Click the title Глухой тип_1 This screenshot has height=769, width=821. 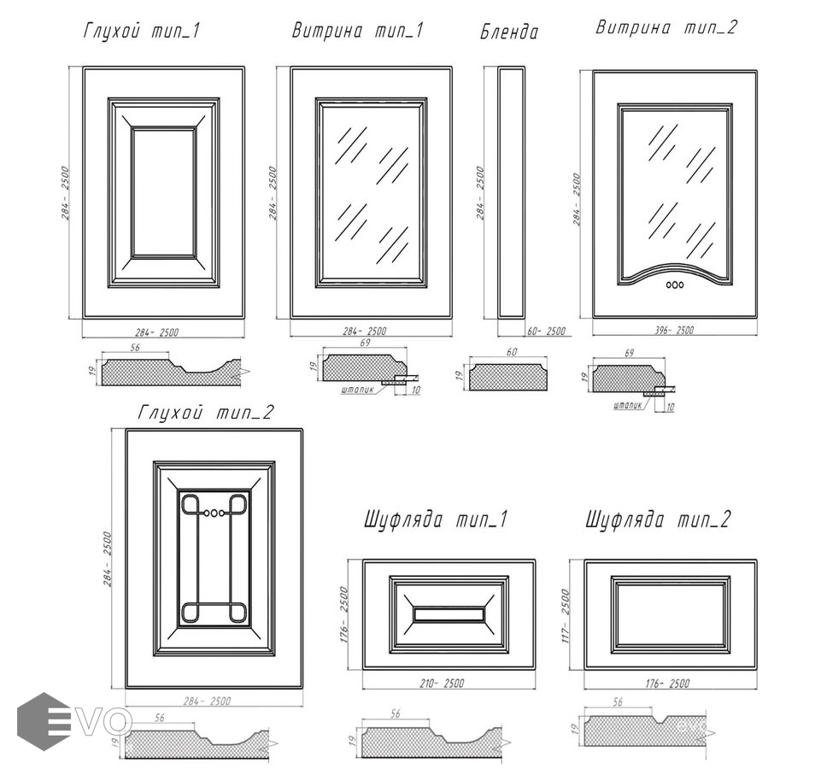pyautogui.click(x=143, y=32)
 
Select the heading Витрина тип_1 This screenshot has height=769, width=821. pyautogui.click(x=357, y=32)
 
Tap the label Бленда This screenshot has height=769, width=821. pyautogui.click(x=509, y=33)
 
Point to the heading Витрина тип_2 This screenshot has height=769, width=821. pyautogui.click(x=666, y=27)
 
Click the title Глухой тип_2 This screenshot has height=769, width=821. pyautogui.click(x=205, y=413)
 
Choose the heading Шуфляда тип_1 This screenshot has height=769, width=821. pyautogui.click(x=436, y=520)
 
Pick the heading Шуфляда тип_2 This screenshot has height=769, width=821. pyautogui.click(x=658, y=520)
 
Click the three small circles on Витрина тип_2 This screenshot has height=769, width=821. pyautogui.click(x=675, y=284)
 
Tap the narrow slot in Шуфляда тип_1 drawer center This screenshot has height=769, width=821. pyautogui.click(x=449, y=614)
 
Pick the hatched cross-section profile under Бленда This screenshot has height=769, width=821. pyautogui.click(x=507, y=376)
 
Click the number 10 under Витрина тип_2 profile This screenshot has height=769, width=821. pyautogui.click(x=670, y=408)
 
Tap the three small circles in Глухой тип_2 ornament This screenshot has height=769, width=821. pyautogui.click(x=214, y=514)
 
